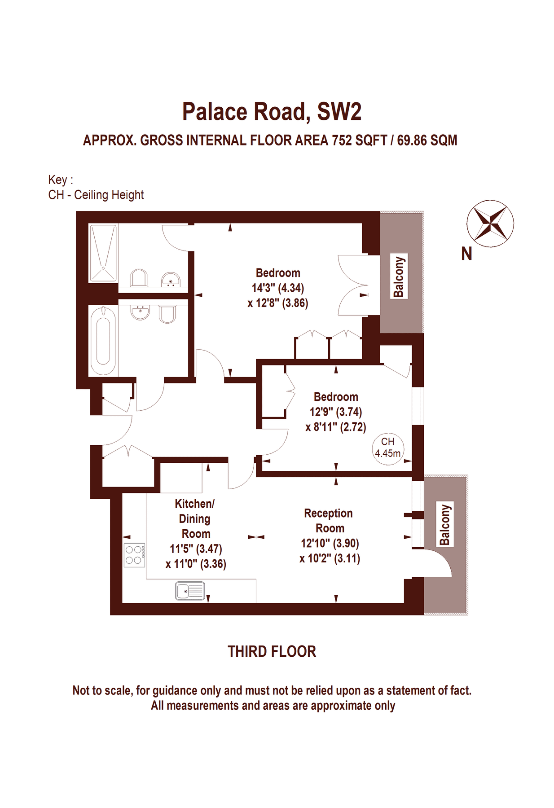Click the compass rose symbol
coord(490,223)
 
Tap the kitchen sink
coord(190,591)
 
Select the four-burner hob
coord(134,555)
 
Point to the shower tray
coord(103,253)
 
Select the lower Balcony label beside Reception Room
coord(444,524)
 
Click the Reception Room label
coord(329,520)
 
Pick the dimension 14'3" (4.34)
coord(278,288)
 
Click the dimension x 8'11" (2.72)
coord(336,427)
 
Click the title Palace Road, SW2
coord(272,111)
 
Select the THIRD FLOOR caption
coord(272,651)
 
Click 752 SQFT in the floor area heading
coord(359,141)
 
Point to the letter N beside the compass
coord(466,254)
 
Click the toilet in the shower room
coord(139,278)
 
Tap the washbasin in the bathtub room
coord(140,312)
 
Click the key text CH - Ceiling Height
coord(96,195)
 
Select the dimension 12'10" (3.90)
coord(330,543)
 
